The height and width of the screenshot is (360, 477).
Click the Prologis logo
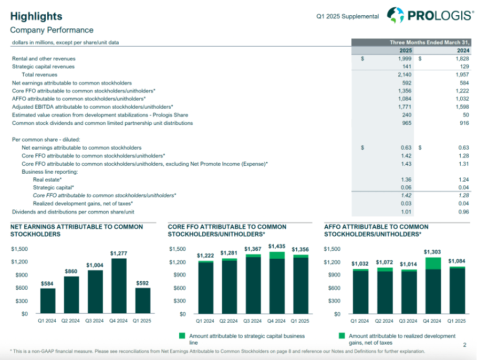pyautogui.click(x=430, y=15)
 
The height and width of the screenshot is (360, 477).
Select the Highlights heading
pyautogui.click(x=36, y=16)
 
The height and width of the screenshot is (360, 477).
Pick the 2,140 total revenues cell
pyautogui.click(x=403, y=75)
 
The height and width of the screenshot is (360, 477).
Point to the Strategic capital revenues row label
pyautogui.click(x=43, y=67)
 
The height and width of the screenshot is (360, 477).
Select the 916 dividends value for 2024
pyautogui.click(x=463, y=123)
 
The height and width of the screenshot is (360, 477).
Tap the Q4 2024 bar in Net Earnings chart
pyautogui.click(x=118, y=286)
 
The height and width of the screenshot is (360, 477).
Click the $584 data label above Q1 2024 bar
pyautogui.click(x=47, y=284)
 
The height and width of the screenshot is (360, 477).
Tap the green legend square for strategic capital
pyautogui.click(x=182, y=336)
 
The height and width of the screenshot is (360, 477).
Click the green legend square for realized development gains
pyautogui.click(x=341, y=336)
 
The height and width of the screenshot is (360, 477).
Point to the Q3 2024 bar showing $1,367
pyautogui.click(x=253, y=284)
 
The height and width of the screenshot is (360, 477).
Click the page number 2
pyautogui.click(x=464, y=345)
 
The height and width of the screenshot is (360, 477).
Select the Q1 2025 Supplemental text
pyautogui.click(x=347, y=16)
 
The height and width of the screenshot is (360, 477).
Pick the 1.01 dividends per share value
pyautogui.click(x=406, y=212)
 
